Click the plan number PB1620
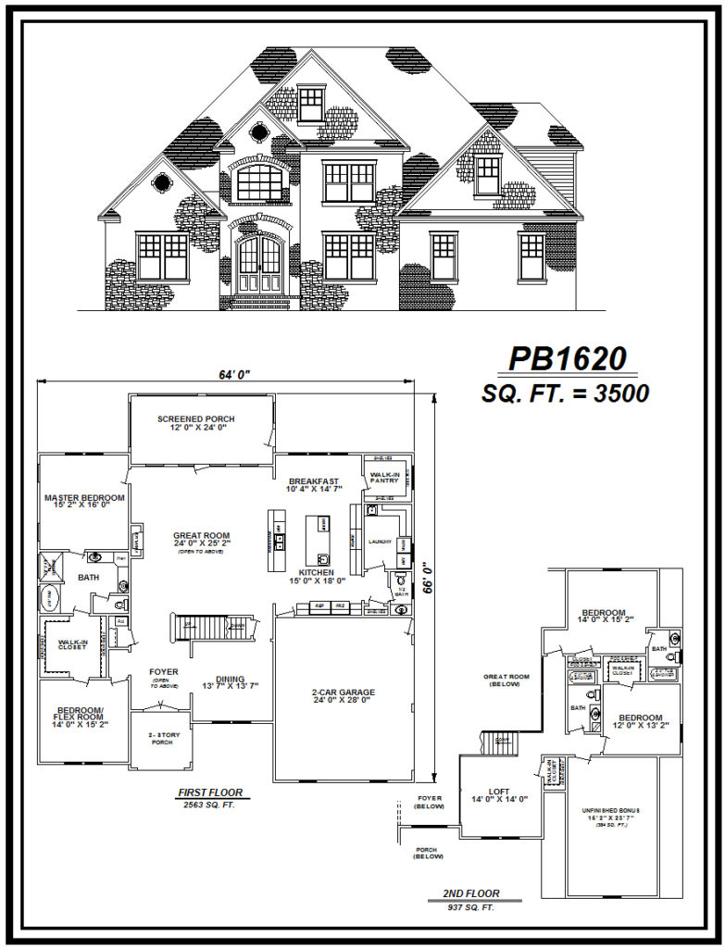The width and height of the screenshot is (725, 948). (x=568, y=359)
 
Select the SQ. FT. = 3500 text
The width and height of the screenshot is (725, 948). (x=565, y=393)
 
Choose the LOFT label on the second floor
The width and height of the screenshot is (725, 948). (x=499, y=793)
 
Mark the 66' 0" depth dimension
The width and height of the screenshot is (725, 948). (x=425, y=580)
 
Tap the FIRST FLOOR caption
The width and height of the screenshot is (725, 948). (x=210, y=793)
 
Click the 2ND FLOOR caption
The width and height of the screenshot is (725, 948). (x=470, y=894)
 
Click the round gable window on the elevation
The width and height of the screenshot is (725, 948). (x=162, y=181)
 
